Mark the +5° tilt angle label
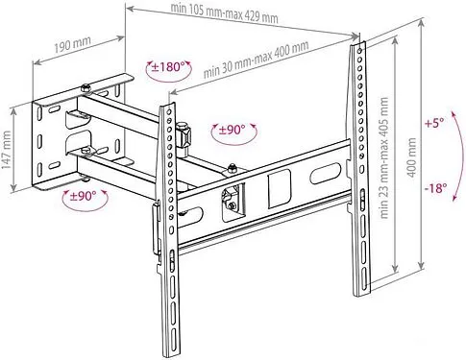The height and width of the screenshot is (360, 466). point(435,124)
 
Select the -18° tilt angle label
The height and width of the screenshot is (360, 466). point(434,189)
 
